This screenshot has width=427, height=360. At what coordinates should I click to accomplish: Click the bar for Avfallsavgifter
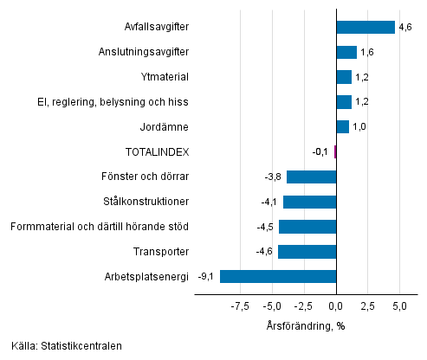click(365, 27)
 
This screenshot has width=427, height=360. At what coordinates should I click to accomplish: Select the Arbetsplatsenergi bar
click(278, 277)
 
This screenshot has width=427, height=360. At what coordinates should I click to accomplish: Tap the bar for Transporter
click(307, 252)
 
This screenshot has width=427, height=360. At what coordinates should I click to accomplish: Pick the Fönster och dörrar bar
click(311, 177)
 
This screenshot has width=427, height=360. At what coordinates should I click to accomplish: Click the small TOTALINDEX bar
click(334, 152)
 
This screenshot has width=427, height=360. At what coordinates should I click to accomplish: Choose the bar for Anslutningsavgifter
click(346, 52)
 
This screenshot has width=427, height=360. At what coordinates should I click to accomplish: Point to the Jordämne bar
click(342, 127)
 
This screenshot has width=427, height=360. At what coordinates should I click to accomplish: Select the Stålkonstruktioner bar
click(309, 202)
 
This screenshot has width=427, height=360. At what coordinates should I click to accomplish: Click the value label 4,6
click(404, 28)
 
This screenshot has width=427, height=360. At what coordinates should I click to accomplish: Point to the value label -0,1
click(320, 152)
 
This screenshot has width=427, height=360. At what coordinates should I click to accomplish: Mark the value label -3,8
click(273, 177)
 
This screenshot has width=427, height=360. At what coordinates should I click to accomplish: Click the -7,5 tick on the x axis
click(240, 306)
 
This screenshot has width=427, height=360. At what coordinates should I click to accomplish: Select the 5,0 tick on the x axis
click(399, 306)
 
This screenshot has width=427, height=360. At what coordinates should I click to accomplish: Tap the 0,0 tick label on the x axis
click(335, 306)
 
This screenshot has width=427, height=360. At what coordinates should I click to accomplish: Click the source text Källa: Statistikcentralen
click(67, 346)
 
